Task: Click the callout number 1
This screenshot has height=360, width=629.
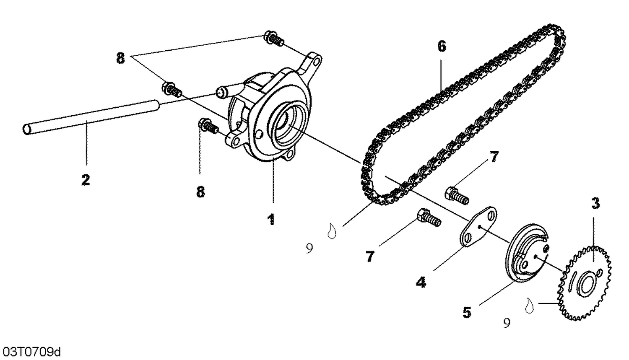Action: coord(271,219)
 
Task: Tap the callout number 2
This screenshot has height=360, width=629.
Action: coord(86,180)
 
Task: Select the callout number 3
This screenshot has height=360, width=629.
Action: coord(595,204)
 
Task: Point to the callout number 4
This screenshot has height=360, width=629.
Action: coord(421,282)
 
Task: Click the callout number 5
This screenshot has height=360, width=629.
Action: coord(467,312)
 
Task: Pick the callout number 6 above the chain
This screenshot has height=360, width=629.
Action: coord(442,46)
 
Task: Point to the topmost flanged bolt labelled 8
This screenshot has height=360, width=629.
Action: coord(274,38)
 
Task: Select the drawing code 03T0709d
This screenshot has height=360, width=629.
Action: coord(31,351)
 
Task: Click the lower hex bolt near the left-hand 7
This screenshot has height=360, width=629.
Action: coord(428,218)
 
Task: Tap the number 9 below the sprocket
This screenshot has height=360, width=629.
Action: coord(507,323)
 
